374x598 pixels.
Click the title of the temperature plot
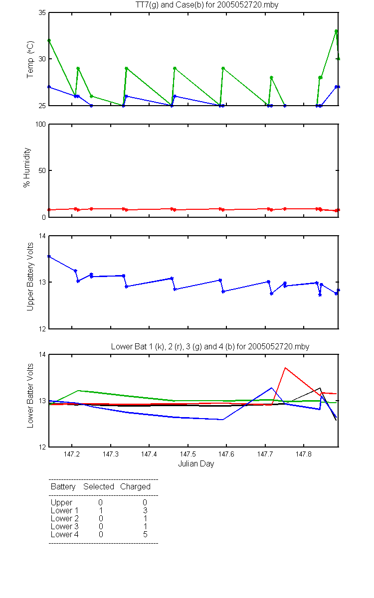pyautogui.click(x=207, y=5)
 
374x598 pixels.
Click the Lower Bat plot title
pyautogui.click(x=210, y=346)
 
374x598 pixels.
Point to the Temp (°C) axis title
pyautogui.click(x=30, y=59)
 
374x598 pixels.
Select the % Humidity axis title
pyautogui.click(x=27, y=167)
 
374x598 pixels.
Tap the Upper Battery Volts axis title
pyautogui.click(x=30, y=277)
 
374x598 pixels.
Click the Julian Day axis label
pyautogui.click(x=196, y=464)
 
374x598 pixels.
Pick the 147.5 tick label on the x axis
pyautogui.click(x=188, y=454)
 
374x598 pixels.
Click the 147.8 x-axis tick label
pyautogui.click(x=304, y=454)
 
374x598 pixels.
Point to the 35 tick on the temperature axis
pyautogui.click(x=42, y=12)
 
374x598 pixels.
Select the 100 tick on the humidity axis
pyautogui.click(x=40, y=124)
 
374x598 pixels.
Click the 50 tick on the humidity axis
pyautogui.click(x=42, y=170)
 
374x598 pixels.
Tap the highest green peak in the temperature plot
pyautogui.click(x=336, y=31)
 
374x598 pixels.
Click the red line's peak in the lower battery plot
pyautogui.click(x=285, y=368)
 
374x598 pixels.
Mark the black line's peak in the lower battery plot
pyautogui.click(x=320, y=388)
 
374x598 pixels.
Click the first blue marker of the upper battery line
pyautogui.click(x=49, y=257)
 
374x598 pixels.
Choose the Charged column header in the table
pyautogui.click(x=135, y=487)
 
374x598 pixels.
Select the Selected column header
pyautogui.click(x=99, y=486)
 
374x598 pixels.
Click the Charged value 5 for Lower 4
pyautogui.click(x=145, y=534)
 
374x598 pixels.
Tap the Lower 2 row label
pyautogui.click(x=65, y=518)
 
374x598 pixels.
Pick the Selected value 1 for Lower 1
pyautogui.click(x=101, y=510)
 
